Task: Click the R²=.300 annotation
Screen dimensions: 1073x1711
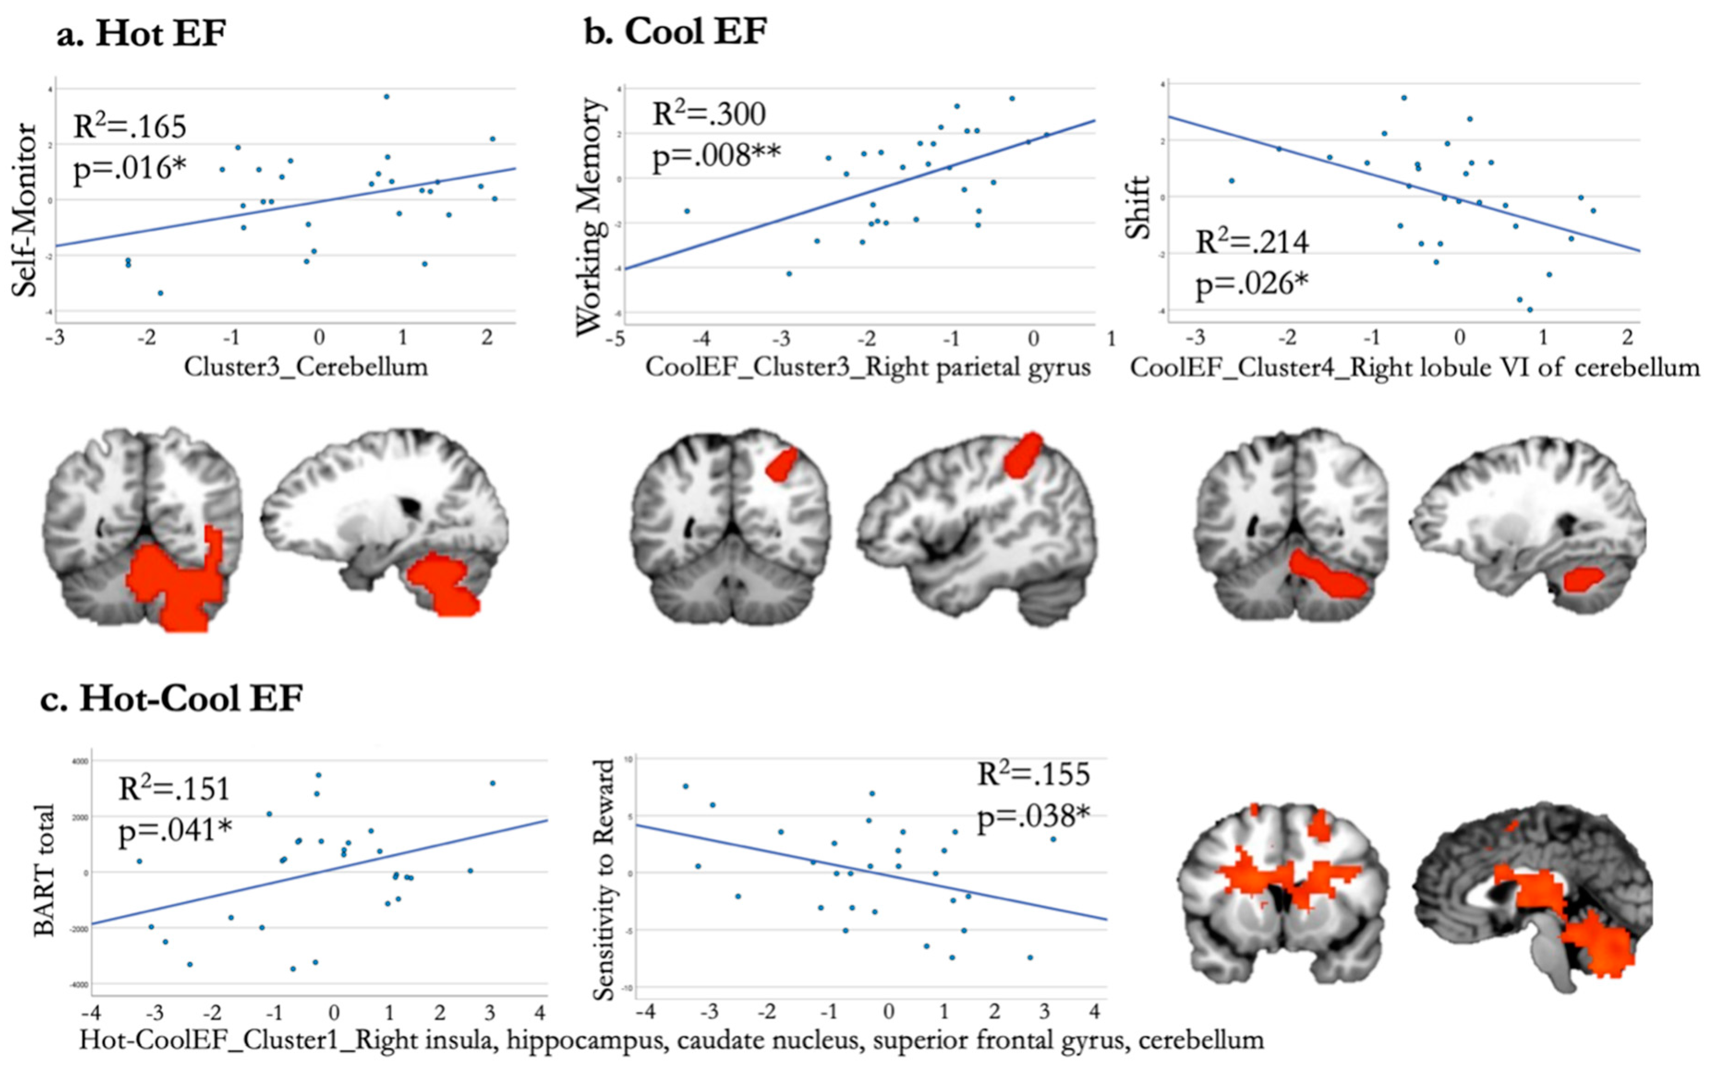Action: pyautogui.click(x=708, y=114)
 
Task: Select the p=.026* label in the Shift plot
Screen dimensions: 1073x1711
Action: pyautogui.click(x=1252, y=283)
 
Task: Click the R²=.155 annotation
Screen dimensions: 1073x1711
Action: pyautogui.click(x=1033, y=773)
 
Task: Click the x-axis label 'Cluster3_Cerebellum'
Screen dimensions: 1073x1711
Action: pyautogui.click(x=306, y=367)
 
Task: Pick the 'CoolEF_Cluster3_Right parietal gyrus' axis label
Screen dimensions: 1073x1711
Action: pyautogui.click(x=868, y=367)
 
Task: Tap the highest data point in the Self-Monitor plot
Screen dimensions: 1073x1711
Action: pyautogui.click(x=386, y=96)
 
